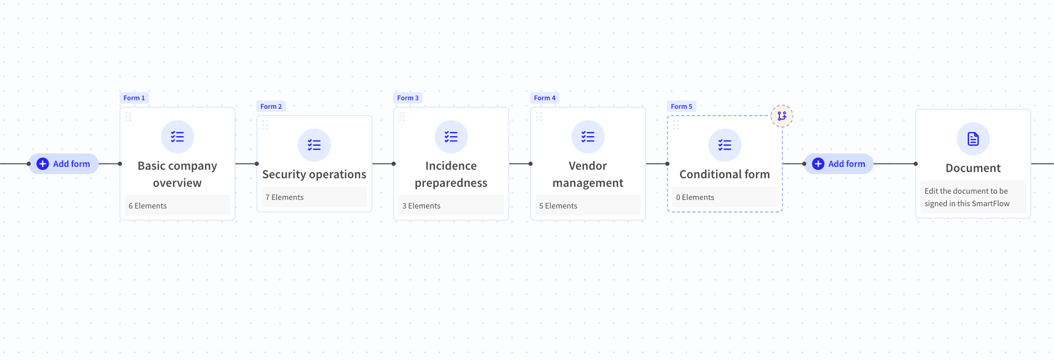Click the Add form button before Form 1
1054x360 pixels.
click(63, 164)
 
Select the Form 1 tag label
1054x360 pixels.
click(134, 98)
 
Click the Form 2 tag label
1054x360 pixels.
click(271, 107)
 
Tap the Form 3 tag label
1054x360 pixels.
click(408, 98)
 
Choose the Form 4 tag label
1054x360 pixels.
click(545, 98)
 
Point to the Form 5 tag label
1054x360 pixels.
click(681, 107)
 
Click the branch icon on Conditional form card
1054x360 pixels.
click(782, 116)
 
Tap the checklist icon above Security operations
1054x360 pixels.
click(314, 145)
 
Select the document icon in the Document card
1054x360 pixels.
click(973, 139)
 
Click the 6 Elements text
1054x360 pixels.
click(148, 206)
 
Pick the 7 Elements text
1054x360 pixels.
click(284, 197)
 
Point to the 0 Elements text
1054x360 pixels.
click(695, 197)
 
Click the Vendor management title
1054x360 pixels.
click(587, 174)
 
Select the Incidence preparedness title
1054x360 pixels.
click(451, 174)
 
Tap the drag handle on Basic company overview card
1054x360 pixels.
click(128, 116)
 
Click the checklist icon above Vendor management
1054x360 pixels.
click(587, 137)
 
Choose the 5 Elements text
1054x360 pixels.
click(558, 206)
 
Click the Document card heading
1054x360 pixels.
click(973, 168)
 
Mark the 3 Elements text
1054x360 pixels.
click(422, 206)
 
